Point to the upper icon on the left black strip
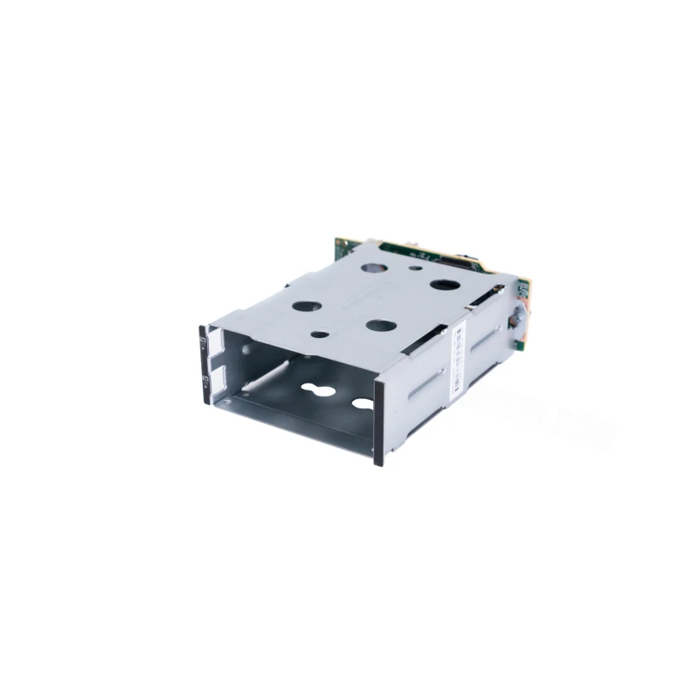pyautogui.click(x=203, y=342)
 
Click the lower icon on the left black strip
pyautogui.click(x=203, y=378)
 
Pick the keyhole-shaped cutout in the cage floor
pyautogui.click(x=322, y=392)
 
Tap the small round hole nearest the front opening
pyautogui.click(x=319, y=335)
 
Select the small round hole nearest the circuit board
pyautogui.click(x=416, y=267)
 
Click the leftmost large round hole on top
pyautogui.click(x=306, y=305)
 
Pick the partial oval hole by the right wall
pyautogui.click(x=363, y=403)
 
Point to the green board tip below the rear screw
pyautogui.click(x=520, y=344)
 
